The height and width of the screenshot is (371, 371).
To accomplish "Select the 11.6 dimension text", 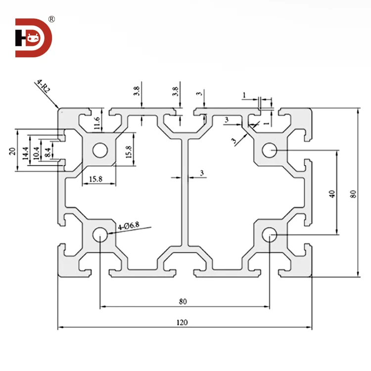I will [x=97, y=121].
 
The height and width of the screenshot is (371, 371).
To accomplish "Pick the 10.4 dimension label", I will [x=36, y=150].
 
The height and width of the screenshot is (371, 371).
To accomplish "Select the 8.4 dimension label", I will [x=46, y=150].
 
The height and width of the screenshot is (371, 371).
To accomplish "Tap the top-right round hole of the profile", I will [x=270, y=149].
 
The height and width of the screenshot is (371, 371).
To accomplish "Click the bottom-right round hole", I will [x=270, y=234].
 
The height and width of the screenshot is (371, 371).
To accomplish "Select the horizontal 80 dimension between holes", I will [x=183, y=301].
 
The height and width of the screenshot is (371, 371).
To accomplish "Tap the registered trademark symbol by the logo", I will [x=51, y=19].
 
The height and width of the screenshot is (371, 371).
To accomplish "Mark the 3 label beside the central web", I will [x=202, y=173].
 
